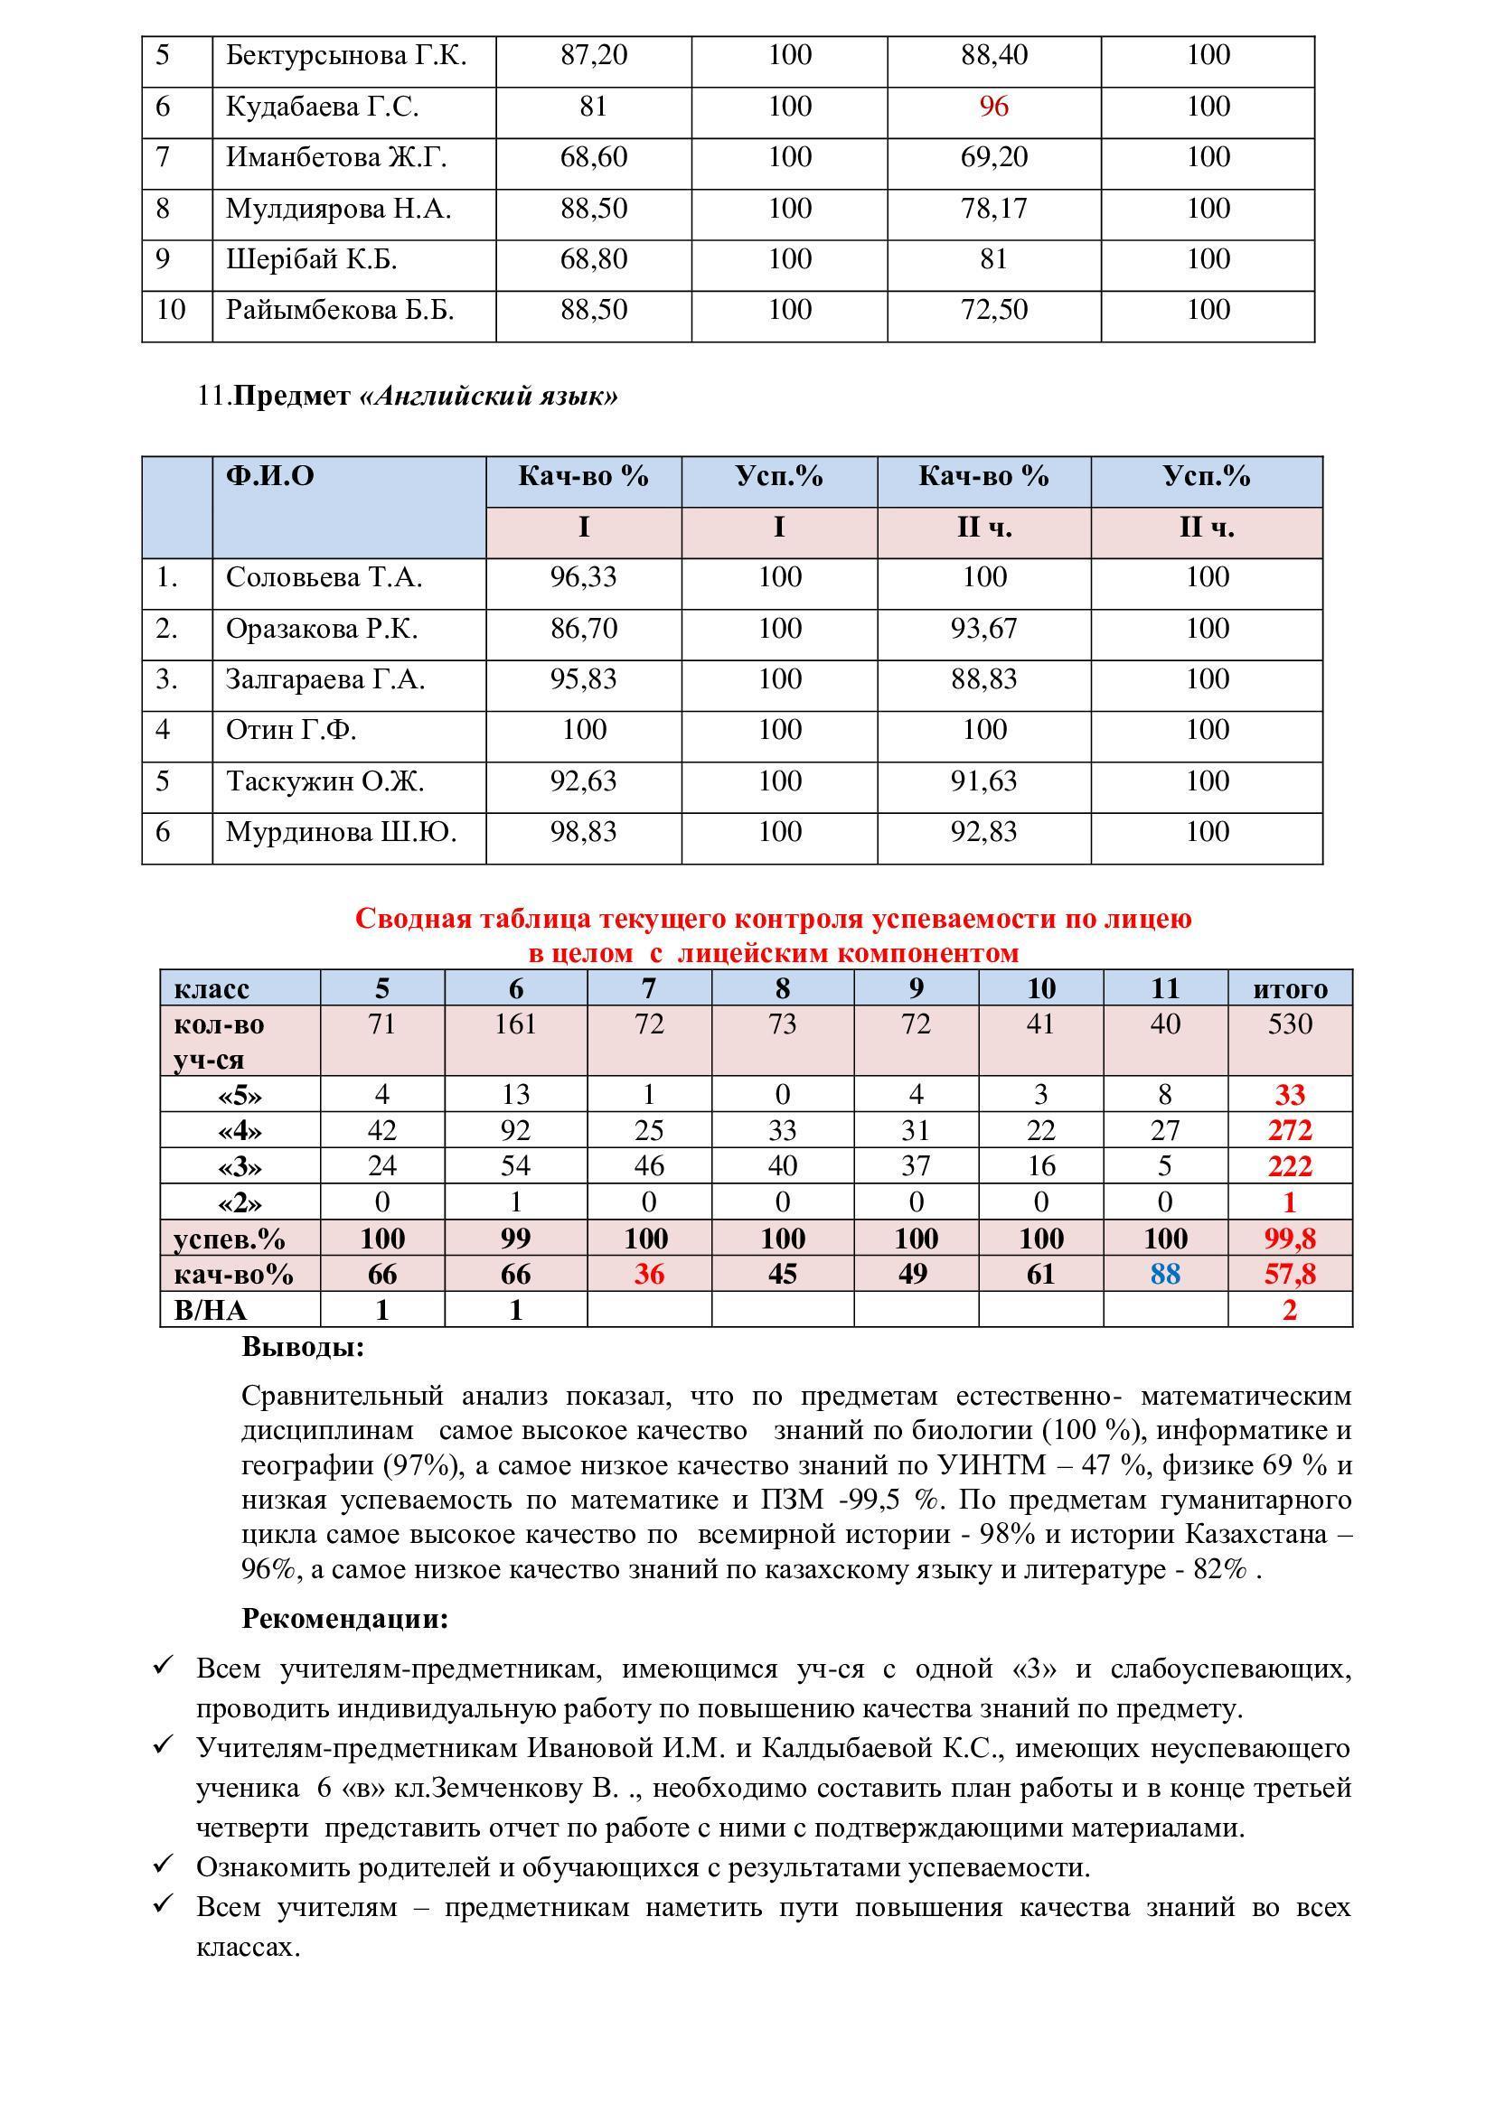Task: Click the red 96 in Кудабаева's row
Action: (x=993, y=107)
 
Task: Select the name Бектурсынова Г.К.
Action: (x=346, y=55)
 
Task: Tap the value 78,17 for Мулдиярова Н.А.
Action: (x=993, y=209)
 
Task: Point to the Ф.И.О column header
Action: (x=269, y=476)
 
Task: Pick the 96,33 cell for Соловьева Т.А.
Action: (x=583, y=577)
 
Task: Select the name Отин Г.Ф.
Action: (x=291, y=730)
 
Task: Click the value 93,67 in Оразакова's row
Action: (x=983, y=629)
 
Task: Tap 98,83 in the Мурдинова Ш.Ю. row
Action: (x=583, y=832)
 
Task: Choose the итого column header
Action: (x=1290, y=988)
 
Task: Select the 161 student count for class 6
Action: (x=514, y=1024)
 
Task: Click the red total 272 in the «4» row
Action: (x=1290, y=1130)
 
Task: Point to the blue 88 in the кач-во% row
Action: (x=1164, y=1275)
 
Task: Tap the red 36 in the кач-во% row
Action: (x=649, y=1275)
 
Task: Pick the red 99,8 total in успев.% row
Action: (x=1290, y=1239)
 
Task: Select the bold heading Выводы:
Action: (x=303, y=1347)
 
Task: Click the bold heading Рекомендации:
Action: (x=344, y=1619)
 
